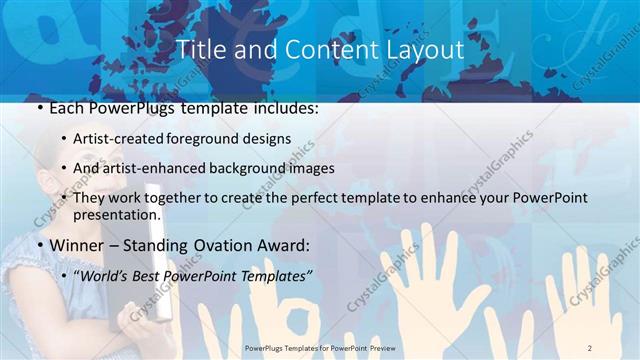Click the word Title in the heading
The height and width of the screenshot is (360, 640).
(x=199, y=49)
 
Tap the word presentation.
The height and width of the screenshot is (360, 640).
(x=116, y=215)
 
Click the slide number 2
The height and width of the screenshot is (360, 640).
(x=589, y=348)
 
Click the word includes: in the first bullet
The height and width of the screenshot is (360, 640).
(x=283, y=105)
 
